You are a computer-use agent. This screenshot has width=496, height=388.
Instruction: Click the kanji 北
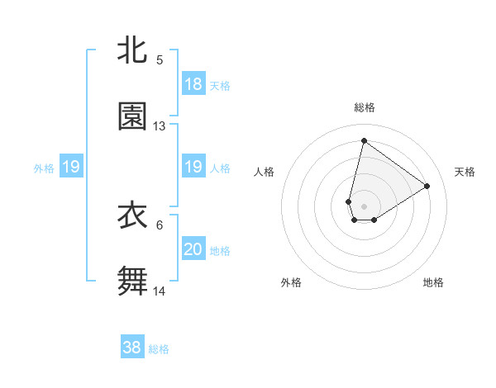pos(132,50)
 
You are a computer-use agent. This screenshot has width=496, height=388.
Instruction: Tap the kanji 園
pos(132,116)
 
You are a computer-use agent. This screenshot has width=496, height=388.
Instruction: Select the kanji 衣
pos(132,215)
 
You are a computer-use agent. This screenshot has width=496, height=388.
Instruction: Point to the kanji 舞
pos(132,282)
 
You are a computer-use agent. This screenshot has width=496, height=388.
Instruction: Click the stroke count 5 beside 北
pos(160,59)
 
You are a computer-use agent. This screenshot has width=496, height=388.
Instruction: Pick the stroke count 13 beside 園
pos(160,126)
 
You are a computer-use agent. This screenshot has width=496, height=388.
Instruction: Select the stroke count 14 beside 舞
pos(160,291)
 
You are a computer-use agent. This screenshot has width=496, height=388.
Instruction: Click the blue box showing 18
pos(193,84)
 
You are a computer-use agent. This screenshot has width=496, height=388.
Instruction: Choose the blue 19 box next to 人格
pos(193,168)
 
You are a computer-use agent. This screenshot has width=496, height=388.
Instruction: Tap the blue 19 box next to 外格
pos(71,168)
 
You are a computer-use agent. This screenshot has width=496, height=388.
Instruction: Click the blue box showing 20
pos(193,249)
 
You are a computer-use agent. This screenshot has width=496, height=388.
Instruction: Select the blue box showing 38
pos(132,348)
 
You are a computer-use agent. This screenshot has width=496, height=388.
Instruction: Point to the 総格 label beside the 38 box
pos(159,349)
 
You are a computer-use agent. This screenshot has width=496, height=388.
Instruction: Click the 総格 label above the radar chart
pos(364,107)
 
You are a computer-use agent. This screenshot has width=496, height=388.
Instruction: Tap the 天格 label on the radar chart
pos(465,172)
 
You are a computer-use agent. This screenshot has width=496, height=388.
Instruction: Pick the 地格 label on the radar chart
pos(433,282)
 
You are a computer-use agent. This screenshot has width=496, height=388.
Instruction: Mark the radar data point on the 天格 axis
pos(427,186)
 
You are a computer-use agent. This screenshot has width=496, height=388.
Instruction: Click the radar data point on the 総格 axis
pos(364,140)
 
